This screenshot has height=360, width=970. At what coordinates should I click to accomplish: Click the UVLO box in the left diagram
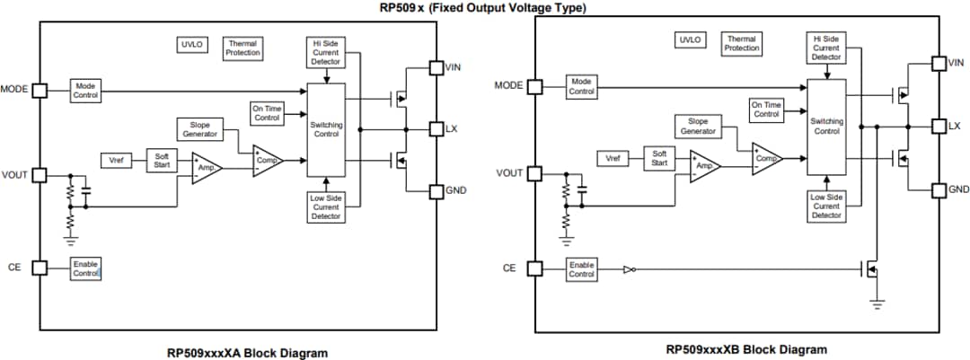pos(191,43)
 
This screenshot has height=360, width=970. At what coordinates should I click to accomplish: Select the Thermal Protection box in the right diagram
pos(742,43)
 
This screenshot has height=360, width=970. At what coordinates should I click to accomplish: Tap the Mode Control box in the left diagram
pos(87,90)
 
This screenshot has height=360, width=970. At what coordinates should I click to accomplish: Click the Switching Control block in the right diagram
pos(826,126)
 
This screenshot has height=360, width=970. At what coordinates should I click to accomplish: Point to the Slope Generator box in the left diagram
pos(199,129)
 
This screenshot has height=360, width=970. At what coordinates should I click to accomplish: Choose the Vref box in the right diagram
pos(613,158)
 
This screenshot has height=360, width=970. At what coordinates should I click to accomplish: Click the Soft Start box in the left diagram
pos(162,161)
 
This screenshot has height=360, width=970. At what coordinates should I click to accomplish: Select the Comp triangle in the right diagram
pos(766,158)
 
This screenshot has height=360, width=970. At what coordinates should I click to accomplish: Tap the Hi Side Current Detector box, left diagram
pos(326,53)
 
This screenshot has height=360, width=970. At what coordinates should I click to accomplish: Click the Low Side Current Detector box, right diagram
pos(826,206)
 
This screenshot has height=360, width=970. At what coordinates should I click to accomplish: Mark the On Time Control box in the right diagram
pos(766,110)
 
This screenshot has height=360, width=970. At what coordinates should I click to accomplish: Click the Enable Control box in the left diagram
pos(86,268)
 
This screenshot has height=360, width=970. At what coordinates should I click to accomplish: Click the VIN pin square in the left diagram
pos(436,67)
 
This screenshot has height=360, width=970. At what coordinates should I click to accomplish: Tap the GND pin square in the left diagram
pos(436,190)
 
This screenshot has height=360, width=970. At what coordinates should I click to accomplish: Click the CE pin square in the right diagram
pos(534,268)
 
